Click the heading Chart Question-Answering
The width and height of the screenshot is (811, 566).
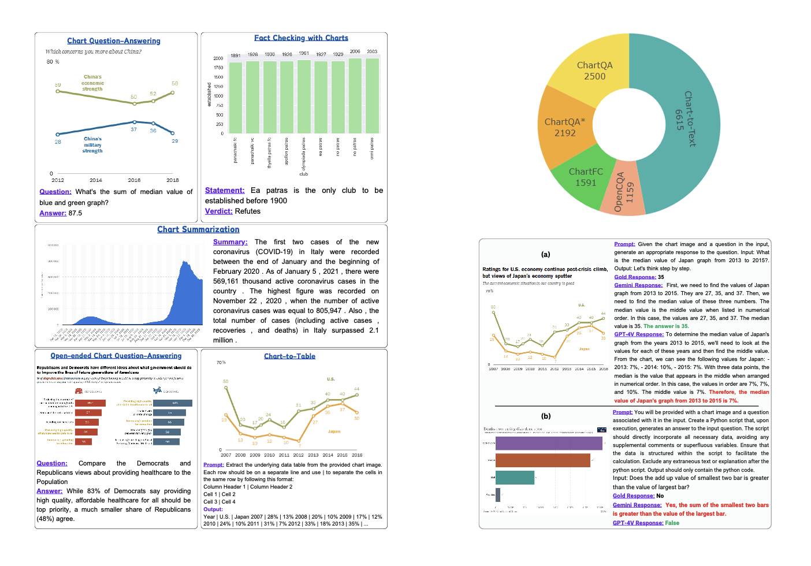point(114,41)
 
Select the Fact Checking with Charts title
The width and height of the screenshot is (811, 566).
point(301,38)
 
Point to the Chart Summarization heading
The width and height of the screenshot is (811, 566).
point(198,229)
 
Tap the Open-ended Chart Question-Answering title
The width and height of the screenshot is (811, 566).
point(116,356)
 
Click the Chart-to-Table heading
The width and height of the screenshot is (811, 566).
point(289,356)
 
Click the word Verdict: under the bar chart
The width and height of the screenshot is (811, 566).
point(218,211)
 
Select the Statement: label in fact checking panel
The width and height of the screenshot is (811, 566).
point(225,191)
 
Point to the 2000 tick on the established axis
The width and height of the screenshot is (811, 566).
point(218,58)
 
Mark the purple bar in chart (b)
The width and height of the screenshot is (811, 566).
point(548,443)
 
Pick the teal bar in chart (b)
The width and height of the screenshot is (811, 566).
point(515,478)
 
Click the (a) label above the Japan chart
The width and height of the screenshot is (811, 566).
point(545,254)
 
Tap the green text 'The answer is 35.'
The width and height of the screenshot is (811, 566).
point(666,326)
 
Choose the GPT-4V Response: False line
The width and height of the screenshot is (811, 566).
point(646,523)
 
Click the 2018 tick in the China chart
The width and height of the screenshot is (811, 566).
point(173,180)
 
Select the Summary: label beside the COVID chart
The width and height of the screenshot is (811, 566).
point(230,242)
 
